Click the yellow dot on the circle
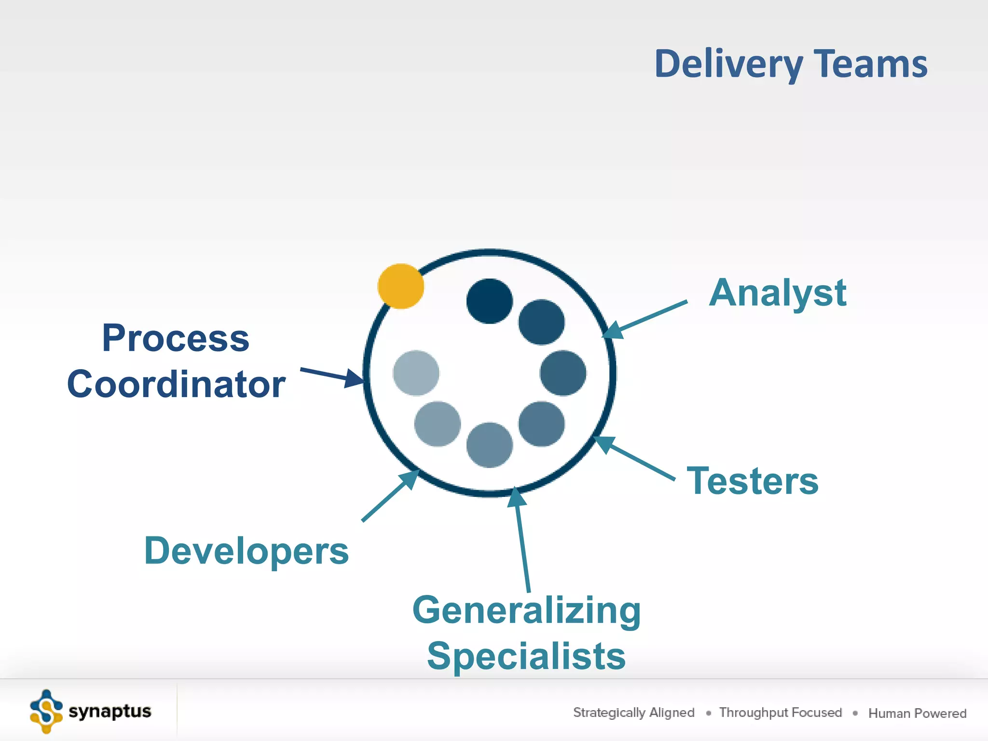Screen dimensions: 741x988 [x=400, y=286]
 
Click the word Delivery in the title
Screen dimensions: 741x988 [x=728, y=64]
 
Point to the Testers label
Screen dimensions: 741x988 [x=752, y=481]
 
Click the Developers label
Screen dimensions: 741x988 [x=246, y=551]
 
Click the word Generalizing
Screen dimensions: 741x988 [x=526, y=611]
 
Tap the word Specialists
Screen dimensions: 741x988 [x=526, y=656]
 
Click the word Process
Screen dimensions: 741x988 [x=176, y=338]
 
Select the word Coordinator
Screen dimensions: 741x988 [x=176, y=384]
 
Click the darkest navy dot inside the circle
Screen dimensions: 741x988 [x=489, y=301]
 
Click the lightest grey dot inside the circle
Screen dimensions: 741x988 [x=416, y=373]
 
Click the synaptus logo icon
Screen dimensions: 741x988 [x=46, y=711]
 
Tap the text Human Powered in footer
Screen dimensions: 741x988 [x=917, y=713]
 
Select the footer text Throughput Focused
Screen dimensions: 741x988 [x=780, y=713]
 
